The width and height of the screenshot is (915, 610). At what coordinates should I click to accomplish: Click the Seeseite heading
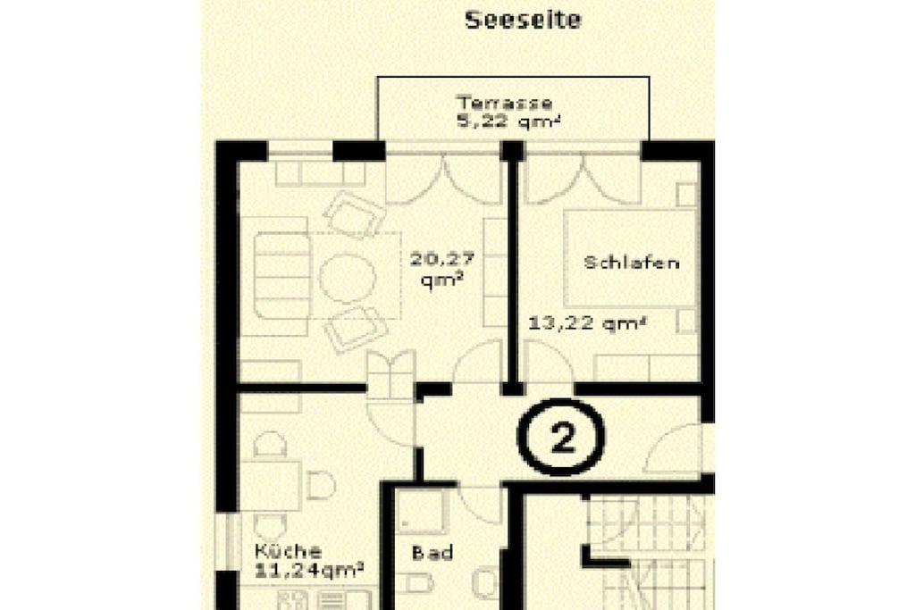pyautogui.click(x=523, y=20)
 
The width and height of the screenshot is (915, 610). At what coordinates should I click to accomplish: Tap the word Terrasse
pyautogui.click(x=504, y=103)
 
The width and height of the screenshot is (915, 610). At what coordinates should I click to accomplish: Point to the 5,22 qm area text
pyautogui.click(x=508, y=121)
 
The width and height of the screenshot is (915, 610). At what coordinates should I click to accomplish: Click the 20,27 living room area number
pyautogui.click(x=441, y=258)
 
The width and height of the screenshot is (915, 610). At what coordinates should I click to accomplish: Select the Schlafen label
pyautogui.click(x=632, y=263)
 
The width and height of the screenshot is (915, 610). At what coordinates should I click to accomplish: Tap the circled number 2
pyautogui.click(x=561, y=438)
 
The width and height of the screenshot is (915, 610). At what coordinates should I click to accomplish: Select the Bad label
pyautogui.click(x=432, y=552)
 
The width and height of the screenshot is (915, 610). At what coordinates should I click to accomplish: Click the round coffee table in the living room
pyautogui.click(x=348, y=278)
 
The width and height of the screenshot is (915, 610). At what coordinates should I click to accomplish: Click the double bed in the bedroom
pyautogui.click(x=631, y=258)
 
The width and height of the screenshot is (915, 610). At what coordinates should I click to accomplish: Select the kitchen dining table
pyautogui.click(x=271, y=486)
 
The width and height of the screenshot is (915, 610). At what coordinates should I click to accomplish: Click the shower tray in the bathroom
pyautogui.click(x=421, y=511)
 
